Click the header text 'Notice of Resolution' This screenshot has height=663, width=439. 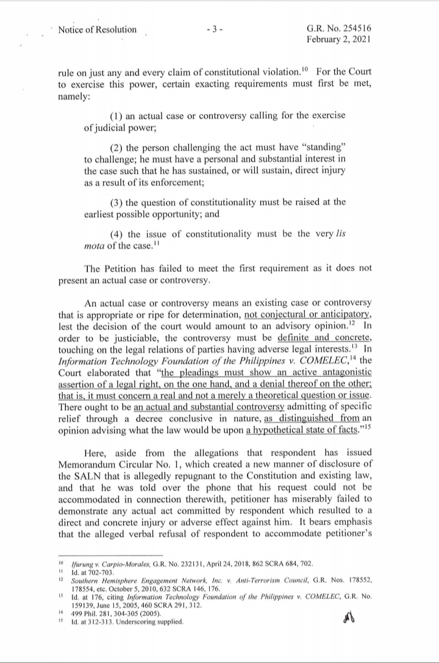(97, 29)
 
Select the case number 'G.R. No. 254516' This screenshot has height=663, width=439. (341, 29)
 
